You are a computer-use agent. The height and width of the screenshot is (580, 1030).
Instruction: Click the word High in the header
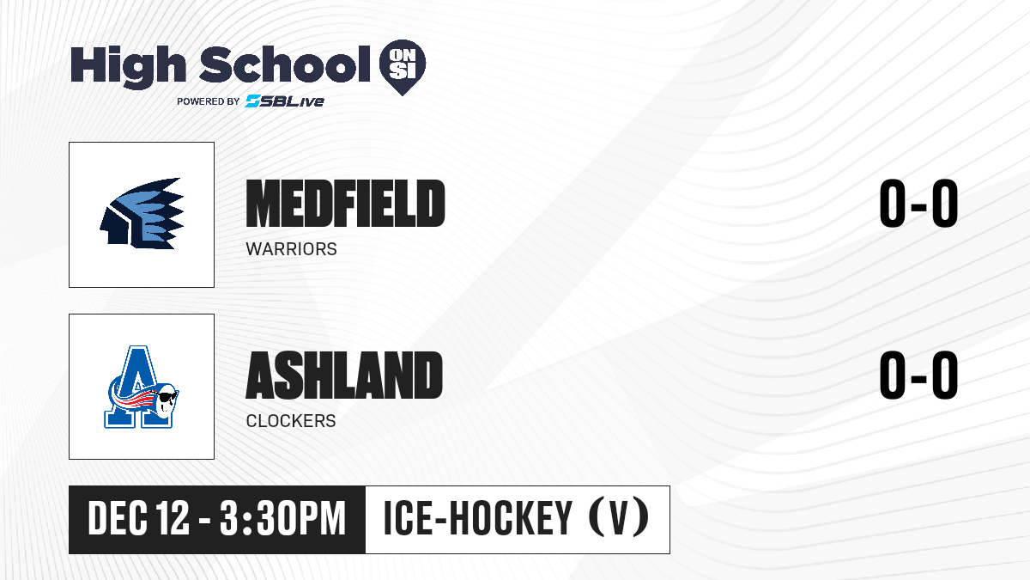[128, 66]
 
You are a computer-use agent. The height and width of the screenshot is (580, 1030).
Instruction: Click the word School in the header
[285, 64]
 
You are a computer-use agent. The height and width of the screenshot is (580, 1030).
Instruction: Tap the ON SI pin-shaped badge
[403, 67]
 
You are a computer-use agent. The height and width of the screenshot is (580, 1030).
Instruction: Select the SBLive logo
[285, 101]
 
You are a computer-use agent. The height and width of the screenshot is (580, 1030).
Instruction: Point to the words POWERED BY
[209, 101]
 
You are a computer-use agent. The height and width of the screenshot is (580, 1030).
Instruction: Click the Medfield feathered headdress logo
[142, 214]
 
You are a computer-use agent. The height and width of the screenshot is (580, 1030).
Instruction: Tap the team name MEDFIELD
[345, 203]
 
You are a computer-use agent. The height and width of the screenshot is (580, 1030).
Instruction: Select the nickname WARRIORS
[292, 249]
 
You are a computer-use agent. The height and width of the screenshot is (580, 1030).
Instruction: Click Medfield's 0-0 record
[918, 203]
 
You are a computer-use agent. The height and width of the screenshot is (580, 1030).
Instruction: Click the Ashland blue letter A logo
[141, 388]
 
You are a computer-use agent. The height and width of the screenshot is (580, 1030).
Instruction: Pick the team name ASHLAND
[344, 375]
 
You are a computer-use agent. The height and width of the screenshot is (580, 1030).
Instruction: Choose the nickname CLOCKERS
[291, 421]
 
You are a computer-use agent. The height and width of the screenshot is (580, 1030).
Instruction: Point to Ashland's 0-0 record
[918, 375]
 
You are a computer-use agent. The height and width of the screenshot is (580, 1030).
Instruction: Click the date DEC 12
[138, 518]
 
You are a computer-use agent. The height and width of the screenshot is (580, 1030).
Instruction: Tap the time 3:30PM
[282, 518]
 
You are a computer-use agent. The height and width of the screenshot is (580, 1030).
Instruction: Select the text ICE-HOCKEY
[478, 518]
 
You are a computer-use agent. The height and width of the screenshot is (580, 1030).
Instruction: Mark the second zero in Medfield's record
[944, 203]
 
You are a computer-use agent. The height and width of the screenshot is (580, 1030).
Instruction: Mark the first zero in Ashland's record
[893, 375]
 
